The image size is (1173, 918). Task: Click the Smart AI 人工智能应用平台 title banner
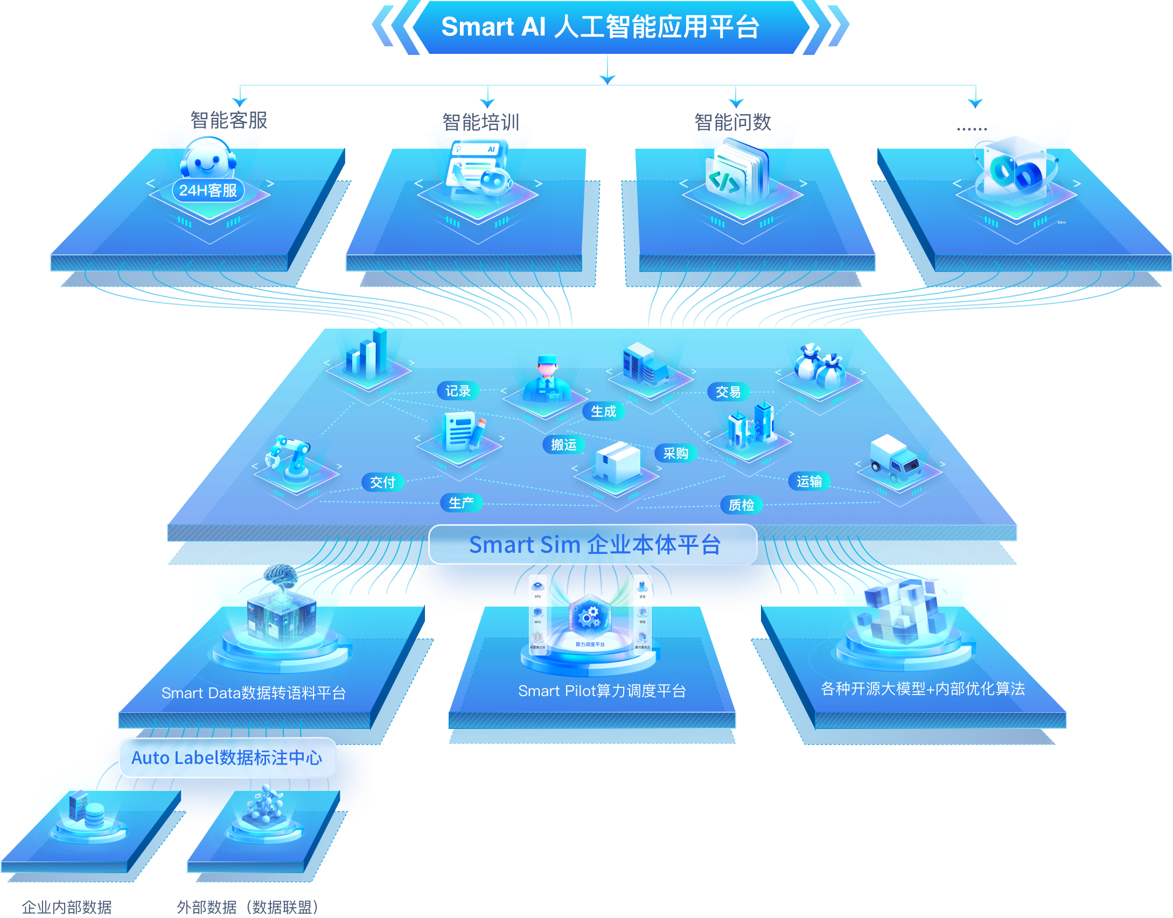(600, 27)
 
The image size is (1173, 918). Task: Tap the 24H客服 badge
(208, 190)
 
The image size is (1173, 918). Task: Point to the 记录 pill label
(458, 391)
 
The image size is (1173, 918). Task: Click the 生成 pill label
(603, 412)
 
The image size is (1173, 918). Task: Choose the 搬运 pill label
(563, 444)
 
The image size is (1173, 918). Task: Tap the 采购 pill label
(675, 453)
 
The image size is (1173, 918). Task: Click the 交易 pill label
(728, 392)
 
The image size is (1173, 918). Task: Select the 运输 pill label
(809, 481)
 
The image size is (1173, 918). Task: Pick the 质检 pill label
(741, 505)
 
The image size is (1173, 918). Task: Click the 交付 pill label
(382, 482)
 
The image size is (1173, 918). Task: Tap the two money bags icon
(819, 366)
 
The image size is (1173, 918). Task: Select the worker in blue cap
(547, 380)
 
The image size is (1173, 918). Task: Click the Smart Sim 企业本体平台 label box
(593, 545)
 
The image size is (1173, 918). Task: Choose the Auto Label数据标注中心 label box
(227, 757)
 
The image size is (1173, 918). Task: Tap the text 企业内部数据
(67, 907)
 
